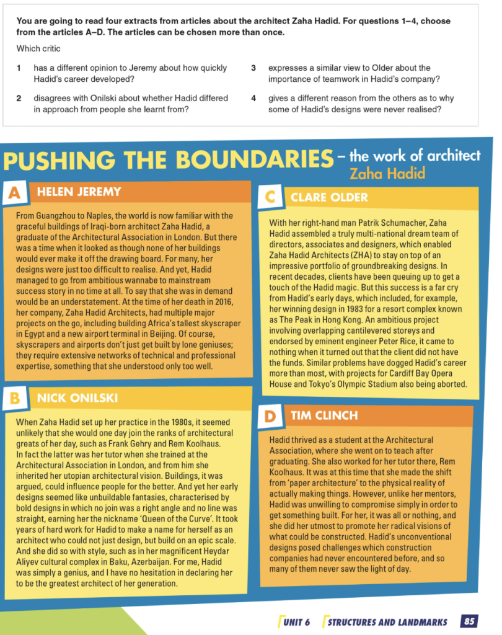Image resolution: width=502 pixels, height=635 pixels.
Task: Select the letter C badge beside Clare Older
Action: tap(270, 197)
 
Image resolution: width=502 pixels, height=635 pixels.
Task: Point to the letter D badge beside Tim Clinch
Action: tap(270, 416)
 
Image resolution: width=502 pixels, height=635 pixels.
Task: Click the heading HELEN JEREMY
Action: tap(79, 192)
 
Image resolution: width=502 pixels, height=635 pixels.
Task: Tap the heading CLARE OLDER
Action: tap(329, 197)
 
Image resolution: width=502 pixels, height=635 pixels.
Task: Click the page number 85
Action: tap(469, 621)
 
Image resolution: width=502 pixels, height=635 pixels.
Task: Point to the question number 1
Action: tap(19, 68)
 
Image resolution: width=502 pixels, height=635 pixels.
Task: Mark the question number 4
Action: tap(253, 98)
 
